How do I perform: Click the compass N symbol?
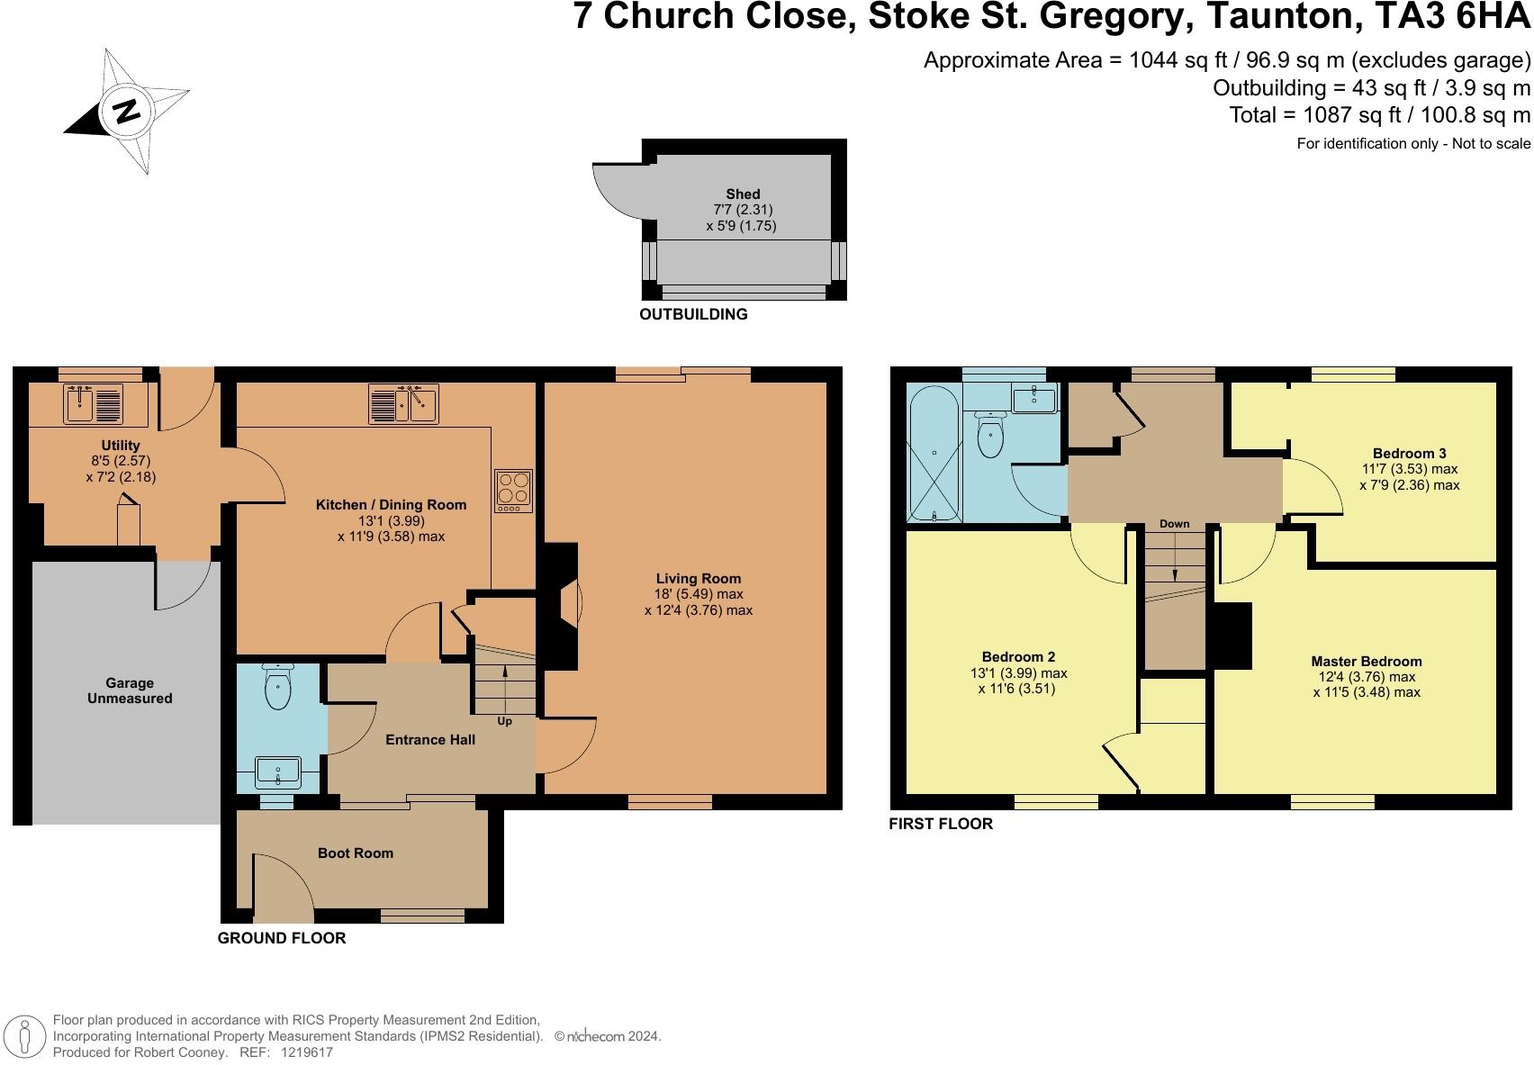(x=126, y=111)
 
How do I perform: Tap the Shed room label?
(x=743, y=194)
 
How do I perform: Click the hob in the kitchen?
(x=513, y=491)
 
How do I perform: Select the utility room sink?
(x=93, y=404)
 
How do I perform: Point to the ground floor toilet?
(x=278, y=688)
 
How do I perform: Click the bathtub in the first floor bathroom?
(x=934, y=454)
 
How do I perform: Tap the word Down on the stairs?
(x=1174, y=523)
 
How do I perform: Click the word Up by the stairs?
(x=504, y=721)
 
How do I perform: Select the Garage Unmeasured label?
(x=130, y=690)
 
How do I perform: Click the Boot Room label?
(x=355, y=853)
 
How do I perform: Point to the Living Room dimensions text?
(x=698, y=602)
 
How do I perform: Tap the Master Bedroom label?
(x=1366, y=661)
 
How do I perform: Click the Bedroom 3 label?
(x=1409, y=453)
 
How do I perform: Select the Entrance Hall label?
(x=430, y=739)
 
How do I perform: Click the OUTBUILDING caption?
(x=693, y=314)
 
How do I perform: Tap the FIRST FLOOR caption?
(x=940, y=823)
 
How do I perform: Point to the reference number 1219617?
(x=307, y=1051)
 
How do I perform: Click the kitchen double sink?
(x=403, y=404)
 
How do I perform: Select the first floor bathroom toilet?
(x=990, y=436)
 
